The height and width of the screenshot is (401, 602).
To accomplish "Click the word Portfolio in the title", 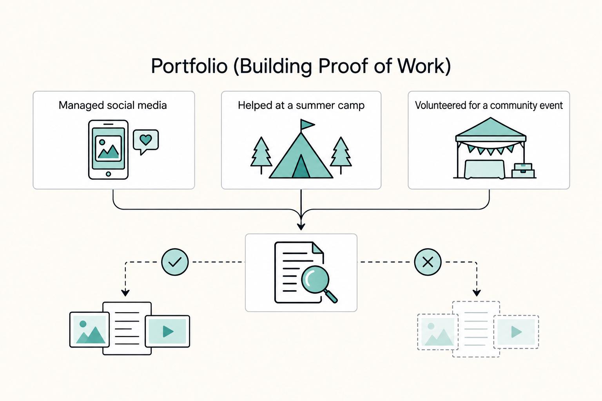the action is click(x=189, y=66).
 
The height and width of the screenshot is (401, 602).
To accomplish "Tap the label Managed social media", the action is click(x=112, y=105).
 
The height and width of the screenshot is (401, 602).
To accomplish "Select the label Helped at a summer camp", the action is click(x=301, y=105).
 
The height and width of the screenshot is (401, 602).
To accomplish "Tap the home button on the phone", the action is click(x=108, y=174).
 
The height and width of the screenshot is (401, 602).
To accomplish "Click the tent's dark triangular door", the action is click(x=301, y=167).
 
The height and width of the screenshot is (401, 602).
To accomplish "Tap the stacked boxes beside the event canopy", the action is click(x=523, y=171).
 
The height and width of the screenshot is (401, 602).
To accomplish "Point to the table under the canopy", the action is click(x=484, y=169).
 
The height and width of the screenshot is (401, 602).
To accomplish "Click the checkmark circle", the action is click(x=175, y=262).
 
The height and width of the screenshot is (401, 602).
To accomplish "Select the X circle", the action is click(x=428, y=262).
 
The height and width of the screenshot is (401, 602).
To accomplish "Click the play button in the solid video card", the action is click(x=168, y=331).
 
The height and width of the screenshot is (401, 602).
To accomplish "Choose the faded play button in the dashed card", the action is click(x=516, y=332).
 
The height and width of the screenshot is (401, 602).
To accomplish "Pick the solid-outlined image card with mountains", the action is click(x=89, y=330).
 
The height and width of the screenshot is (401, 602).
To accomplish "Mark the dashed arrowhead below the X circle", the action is click(x=477, y=293).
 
